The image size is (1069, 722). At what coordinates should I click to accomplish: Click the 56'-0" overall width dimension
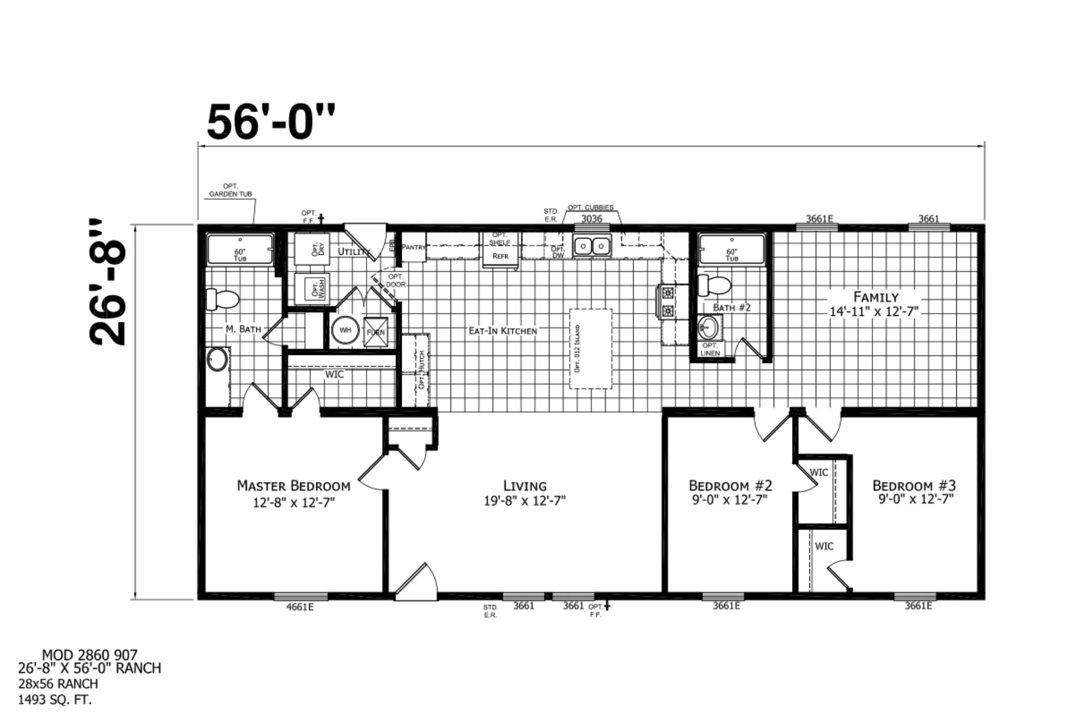(x=271, y=122)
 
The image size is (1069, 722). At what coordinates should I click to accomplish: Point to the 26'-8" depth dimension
(x=109, y=283)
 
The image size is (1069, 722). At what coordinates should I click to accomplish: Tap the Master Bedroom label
(x=294, y=486)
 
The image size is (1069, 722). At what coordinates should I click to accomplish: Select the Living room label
(x=525, y=486)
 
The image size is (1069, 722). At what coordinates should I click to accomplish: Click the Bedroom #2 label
(x=730, y=485)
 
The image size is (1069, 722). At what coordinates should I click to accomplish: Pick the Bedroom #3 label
(x=914, y=485)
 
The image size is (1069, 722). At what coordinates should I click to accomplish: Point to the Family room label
(x=875, y=297)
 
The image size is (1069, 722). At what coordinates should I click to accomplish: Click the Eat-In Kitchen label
(x=503, y=331)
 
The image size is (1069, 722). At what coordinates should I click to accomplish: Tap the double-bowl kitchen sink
(x=592, y=245)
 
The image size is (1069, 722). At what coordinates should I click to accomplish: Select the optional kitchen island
(x=591, y=349)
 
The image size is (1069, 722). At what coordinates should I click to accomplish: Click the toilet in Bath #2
(x=714, y=285)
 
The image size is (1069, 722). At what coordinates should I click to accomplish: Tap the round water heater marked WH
(x=345, y=330)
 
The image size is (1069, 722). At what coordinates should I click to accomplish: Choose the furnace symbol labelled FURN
(x=376, y=332)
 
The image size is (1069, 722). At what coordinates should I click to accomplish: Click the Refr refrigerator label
(x=500, y=256)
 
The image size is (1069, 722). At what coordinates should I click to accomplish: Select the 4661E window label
(x=300, y=607)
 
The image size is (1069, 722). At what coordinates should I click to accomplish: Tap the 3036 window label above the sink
(x=592, y=219)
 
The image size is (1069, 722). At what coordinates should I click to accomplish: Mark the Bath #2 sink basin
(x=709, y=328)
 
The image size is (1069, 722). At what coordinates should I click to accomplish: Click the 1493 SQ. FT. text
(x=55, y=699)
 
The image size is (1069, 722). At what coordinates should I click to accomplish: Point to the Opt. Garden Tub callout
(x=230, y=190)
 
